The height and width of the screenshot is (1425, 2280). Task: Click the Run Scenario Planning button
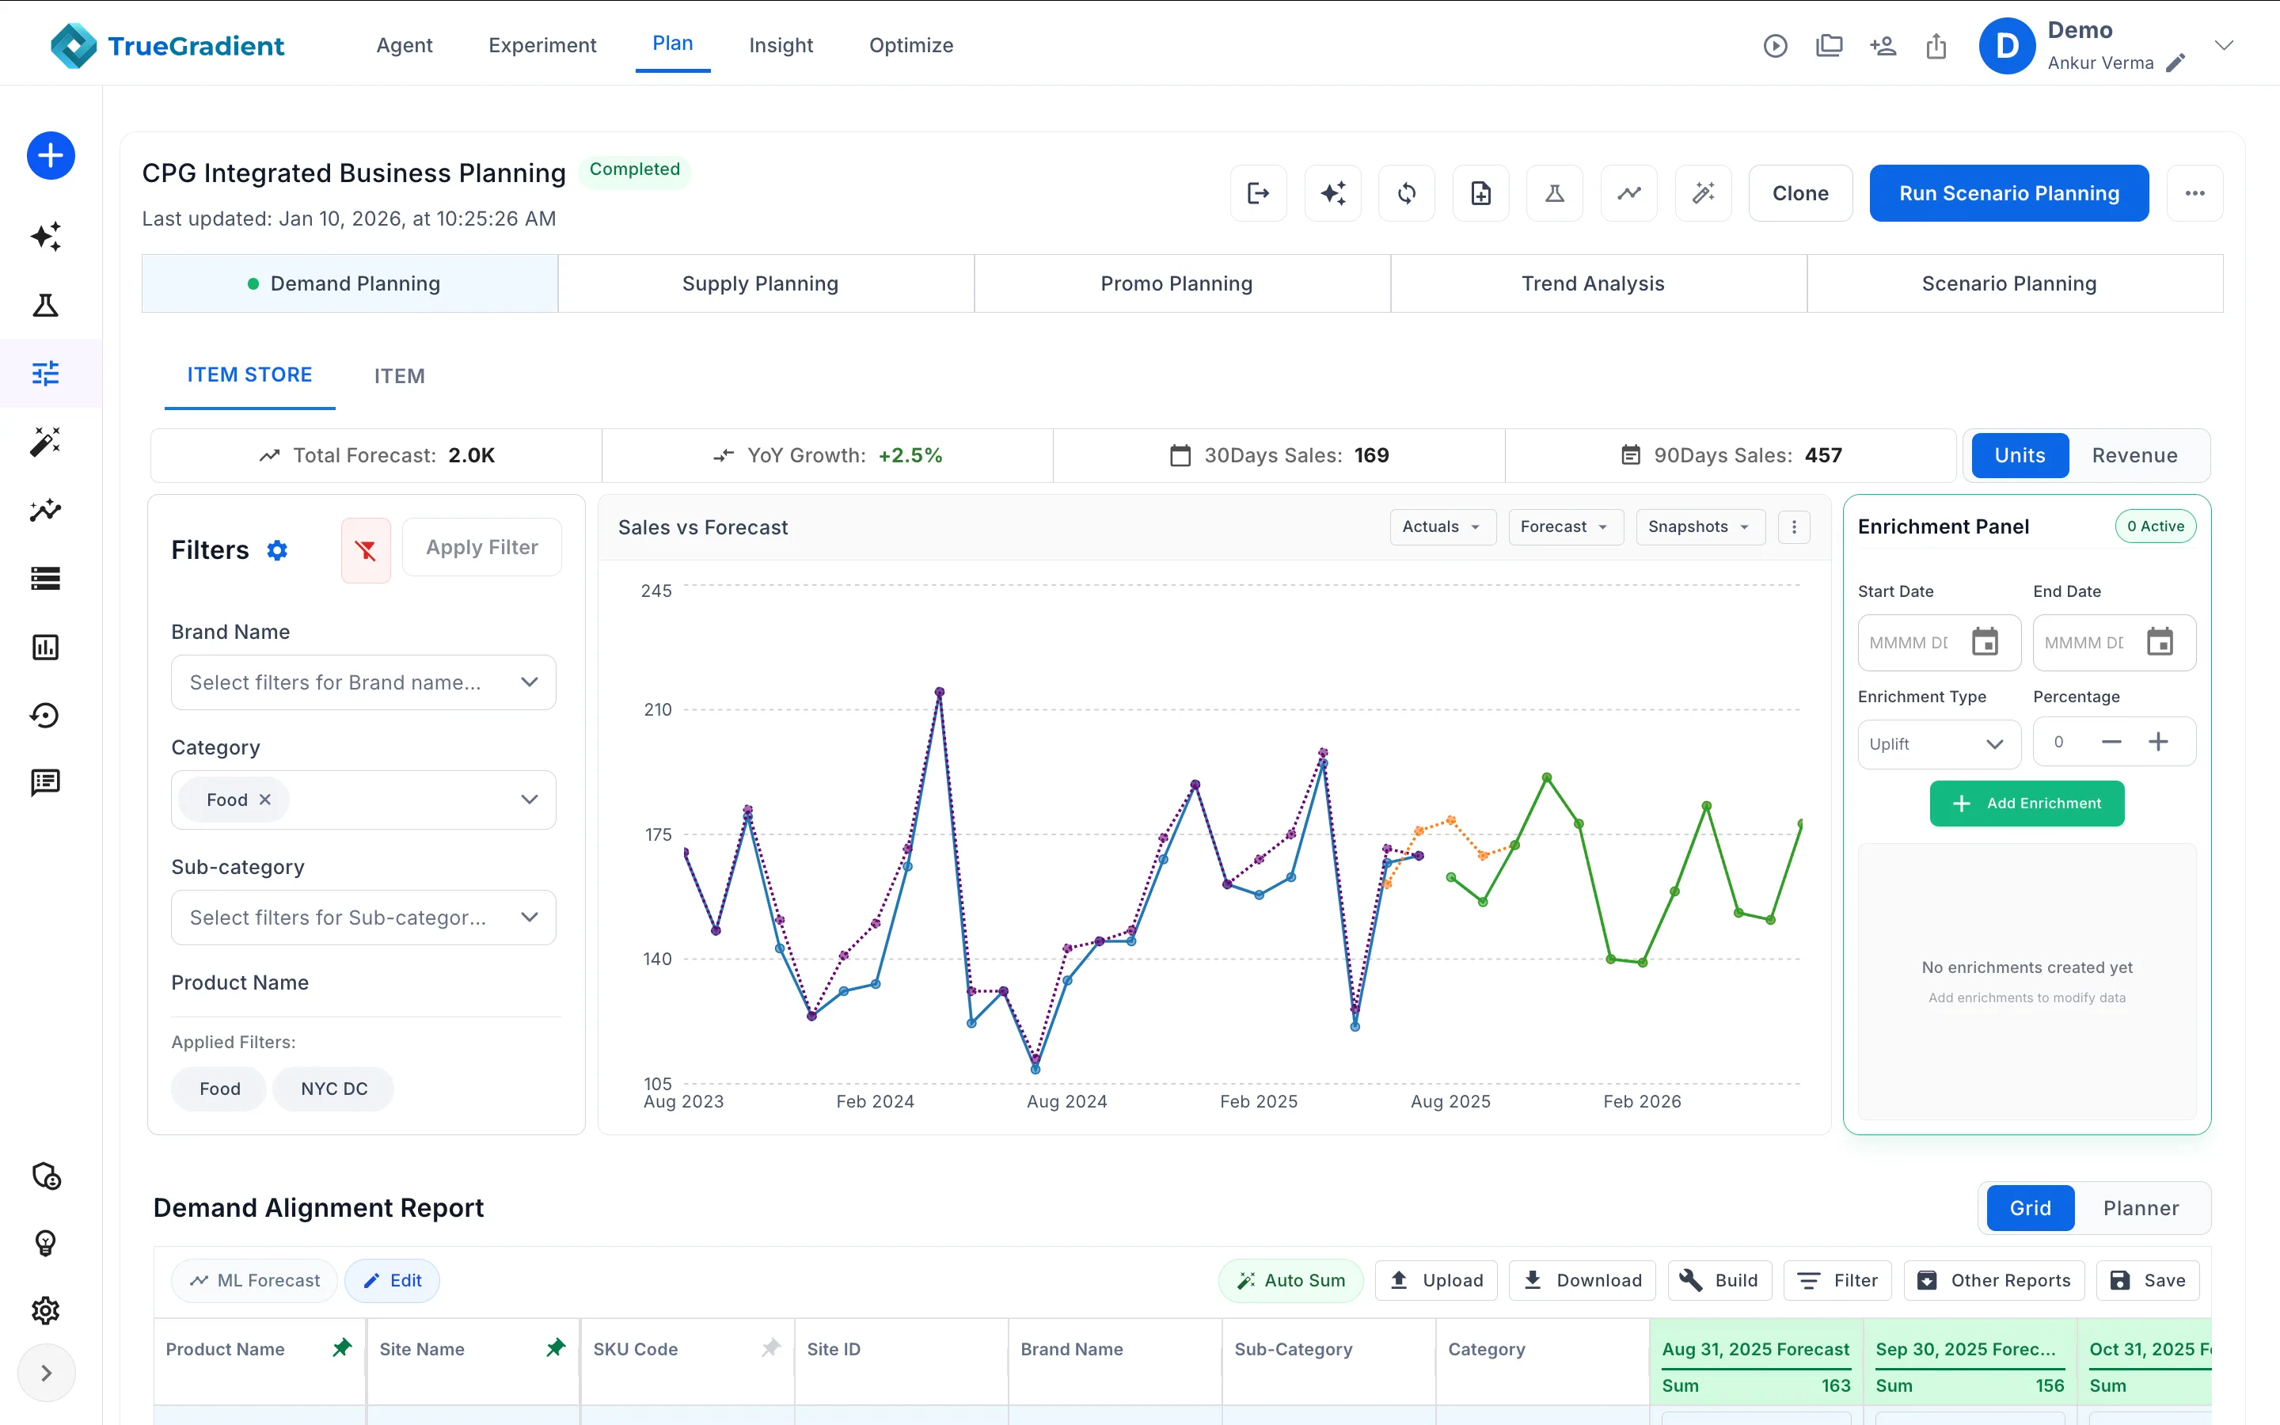2008,193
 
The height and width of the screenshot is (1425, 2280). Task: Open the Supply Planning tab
760,283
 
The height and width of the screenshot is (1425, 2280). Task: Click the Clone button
1800,193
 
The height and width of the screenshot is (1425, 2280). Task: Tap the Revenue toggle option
2134,455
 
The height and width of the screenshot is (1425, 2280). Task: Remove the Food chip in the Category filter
264,800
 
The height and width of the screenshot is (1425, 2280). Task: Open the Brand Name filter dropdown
363,682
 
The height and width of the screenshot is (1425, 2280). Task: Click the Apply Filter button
482,548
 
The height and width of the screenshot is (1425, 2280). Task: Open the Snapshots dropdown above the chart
1700,526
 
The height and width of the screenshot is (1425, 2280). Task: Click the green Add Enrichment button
2027,803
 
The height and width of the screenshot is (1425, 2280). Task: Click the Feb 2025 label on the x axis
1259,1100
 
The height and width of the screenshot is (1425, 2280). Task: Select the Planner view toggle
2141,1208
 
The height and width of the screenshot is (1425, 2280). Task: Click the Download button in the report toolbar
1582,1280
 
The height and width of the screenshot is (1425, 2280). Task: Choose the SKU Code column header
636,1349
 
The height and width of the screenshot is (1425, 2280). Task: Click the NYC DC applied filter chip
333,1089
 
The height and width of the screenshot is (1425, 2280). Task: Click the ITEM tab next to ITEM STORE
400,376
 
